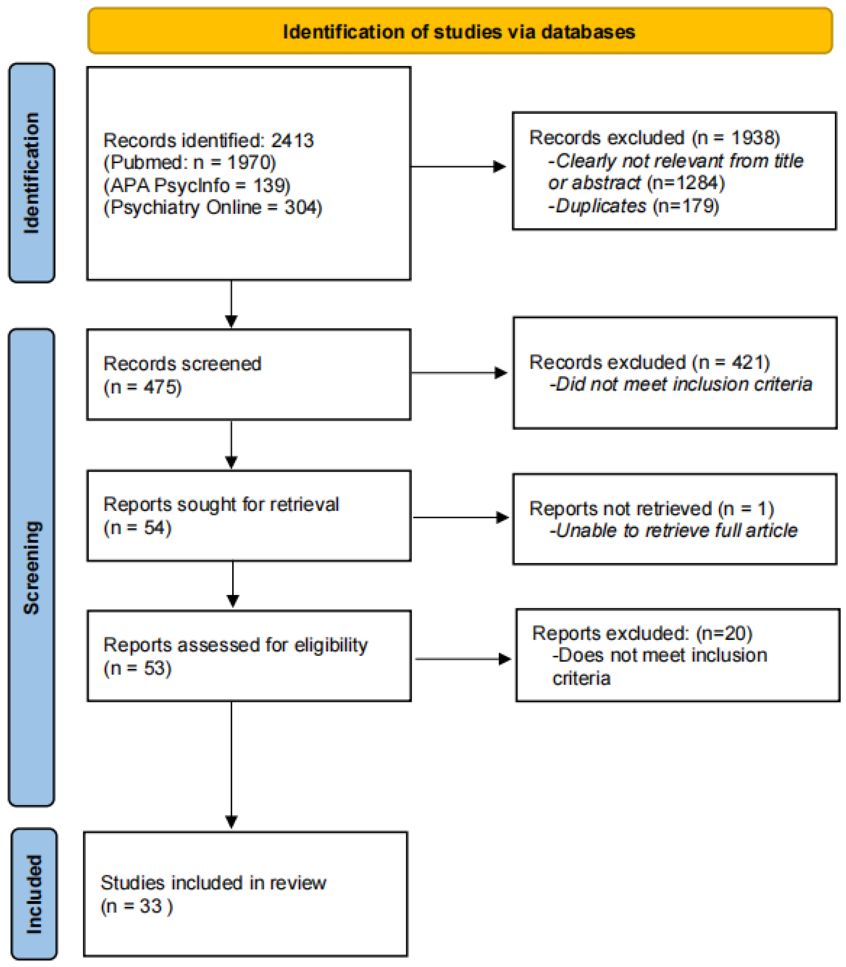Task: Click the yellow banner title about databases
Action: coord(459,32)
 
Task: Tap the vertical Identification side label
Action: coord(32,173)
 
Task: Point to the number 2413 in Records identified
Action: coord(292,140)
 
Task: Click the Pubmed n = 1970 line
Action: coord(190,163)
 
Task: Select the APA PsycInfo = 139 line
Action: coord(197,185)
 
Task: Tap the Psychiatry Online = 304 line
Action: coord(213,207)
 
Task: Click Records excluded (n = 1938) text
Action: coord(654,138)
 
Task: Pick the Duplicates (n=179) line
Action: coord(633,206)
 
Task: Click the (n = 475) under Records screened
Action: coord(143,387)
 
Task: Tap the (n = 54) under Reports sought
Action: coord(137,527)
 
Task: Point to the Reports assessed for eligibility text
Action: coord(235,645)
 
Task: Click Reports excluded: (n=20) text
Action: coord(642,633)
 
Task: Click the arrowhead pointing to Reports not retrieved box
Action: coord(503,518)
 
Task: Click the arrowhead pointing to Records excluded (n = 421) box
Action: coord(501,373)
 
